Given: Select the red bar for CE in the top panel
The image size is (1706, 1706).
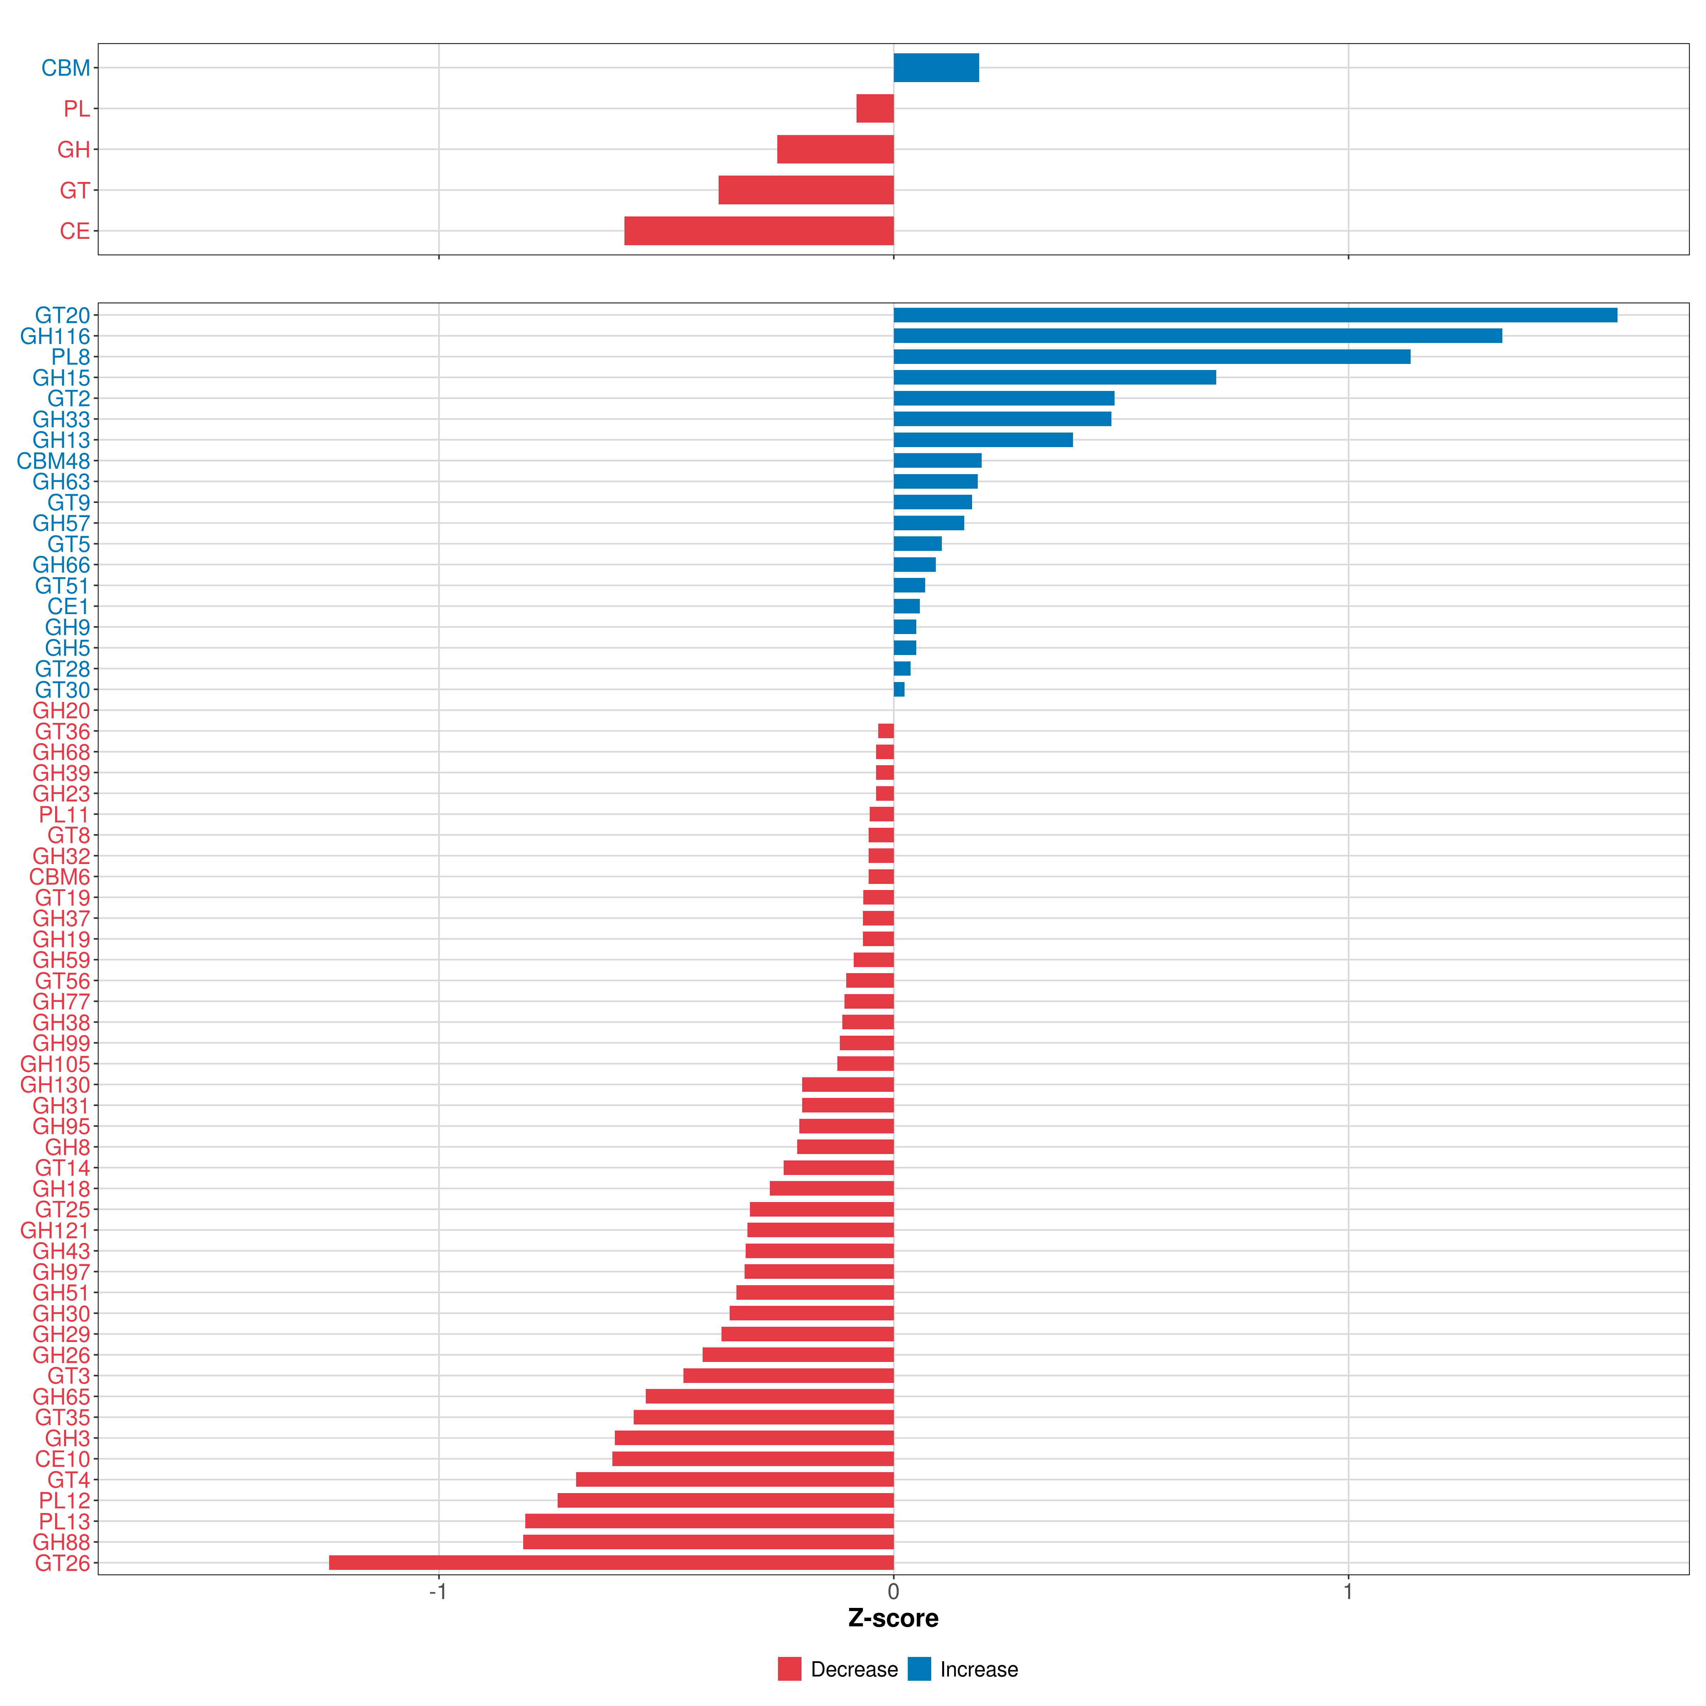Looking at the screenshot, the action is point(758,230).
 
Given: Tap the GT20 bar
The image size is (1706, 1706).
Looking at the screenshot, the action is point(1256,315).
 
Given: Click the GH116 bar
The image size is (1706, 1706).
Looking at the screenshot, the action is point(1197,336).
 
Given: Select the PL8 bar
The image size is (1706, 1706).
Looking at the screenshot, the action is point(1152,357).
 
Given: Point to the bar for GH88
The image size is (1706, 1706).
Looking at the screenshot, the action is point(708,1542).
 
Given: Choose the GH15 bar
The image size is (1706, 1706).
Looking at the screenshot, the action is point(1054,377).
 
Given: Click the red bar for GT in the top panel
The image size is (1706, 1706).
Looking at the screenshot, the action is point(806,190).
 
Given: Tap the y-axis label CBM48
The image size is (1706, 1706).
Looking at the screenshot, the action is point(53,461).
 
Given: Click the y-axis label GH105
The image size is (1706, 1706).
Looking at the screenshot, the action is point(55,1064).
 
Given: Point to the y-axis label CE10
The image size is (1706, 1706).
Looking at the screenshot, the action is point(63,1459).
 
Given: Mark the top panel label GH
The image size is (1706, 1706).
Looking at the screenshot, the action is point(74,149).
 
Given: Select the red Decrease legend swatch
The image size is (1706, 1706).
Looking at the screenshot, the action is point(789,1669).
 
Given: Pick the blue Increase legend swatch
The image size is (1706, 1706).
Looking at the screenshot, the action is point(919,1669).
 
